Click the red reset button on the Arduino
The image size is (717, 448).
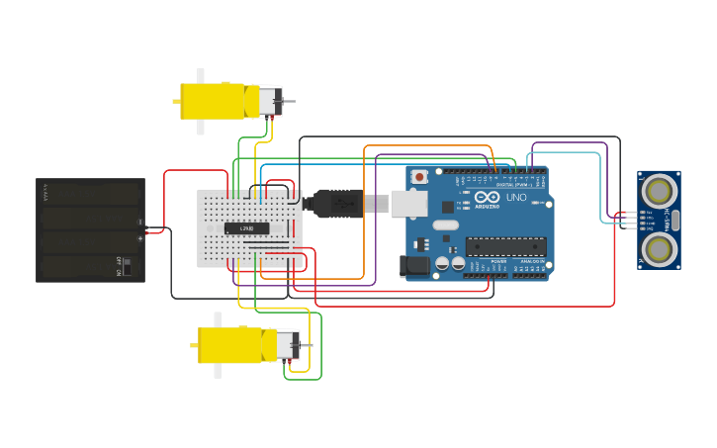[419, 177]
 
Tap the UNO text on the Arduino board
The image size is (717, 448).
[516, 197]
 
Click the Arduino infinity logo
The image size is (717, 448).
[487, 198]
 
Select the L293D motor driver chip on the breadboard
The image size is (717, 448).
[246, 228]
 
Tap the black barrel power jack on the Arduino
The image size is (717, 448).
[412, 265]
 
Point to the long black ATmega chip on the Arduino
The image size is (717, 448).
[505, 246]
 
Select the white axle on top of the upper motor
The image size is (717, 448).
[201, 75]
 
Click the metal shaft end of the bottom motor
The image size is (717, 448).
[308, 344]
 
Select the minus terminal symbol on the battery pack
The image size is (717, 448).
[139, 222]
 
